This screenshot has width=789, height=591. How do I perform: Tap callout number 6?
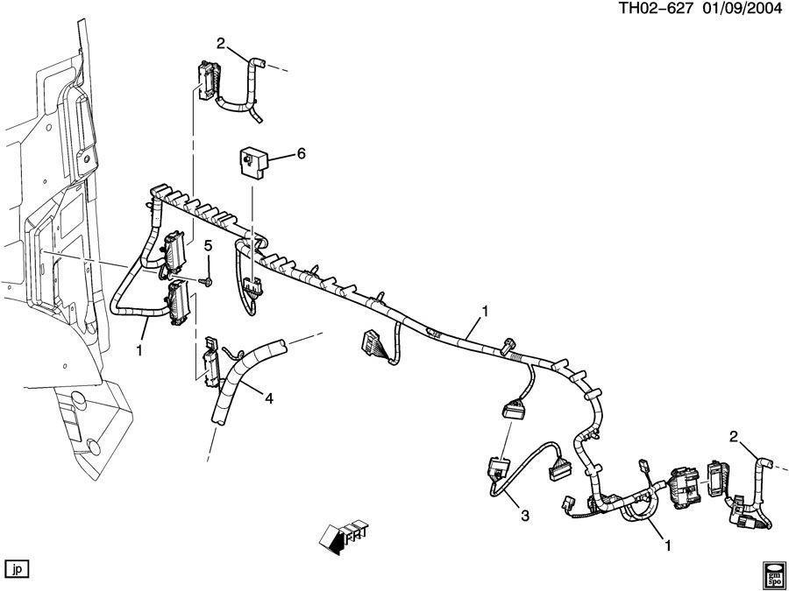click(x=301, y=153)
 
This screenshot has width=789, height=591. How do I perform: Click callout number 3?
click(x=525, y=517)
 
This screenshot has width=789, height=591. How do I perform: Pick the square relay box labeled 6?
click(x=252, y=162)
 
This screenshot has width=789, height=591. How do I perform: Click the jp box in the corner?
click(x=18, y=567)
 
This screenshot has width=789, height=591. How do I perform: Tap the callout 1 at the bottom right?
click(x=668, y=545)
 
